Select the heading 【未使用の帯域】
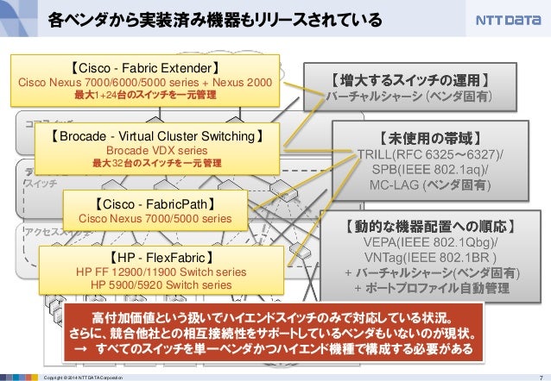coord(431,137)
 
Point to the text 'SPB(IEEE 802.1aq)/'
coord(431,170)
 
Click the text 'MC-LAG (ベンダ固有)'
coord(431,185)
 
